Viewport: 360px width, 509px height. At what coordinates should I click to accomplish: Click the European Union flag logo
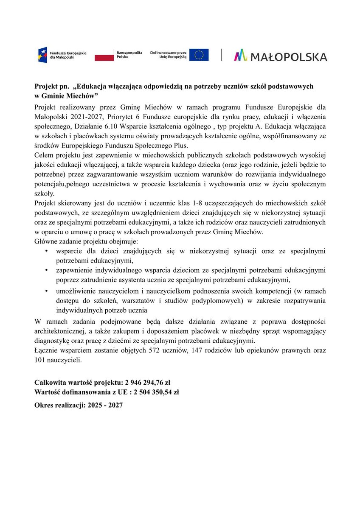tap(199, 55)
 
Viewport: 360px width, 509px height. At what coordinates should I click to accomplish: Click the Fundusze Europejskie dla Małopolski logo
tap(62, 55)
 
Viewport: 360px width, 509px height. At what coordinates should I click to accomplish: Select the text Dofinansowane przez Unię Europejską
tap(169, 55)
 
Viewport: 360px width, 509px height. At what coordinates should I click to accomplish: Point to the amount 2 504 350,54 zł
tap(156, 392)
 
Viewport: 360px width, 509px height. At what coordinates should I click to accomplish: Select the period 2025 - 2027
tap(105, 406)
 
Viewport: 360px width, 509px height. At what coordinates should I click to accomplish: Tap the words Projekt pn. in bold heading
tap(48, 87)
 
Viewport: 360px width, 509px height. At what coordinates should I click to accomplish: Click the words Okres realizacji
tap(59, 406)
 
